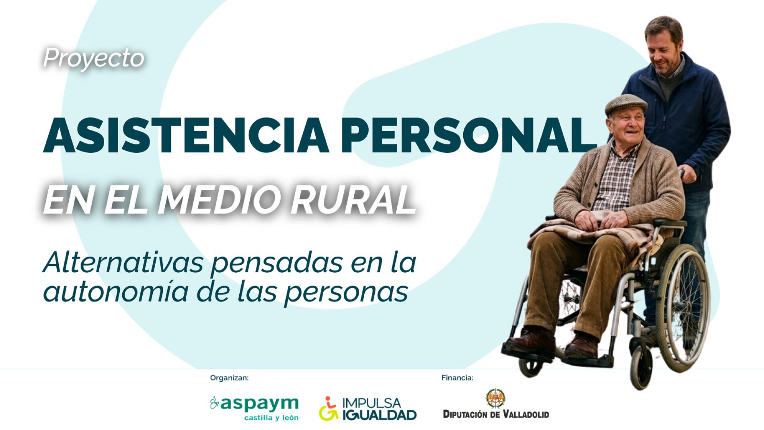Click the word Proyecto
point(94,58)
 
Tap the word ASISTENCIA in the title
point(186,136)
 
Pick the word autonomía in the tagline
point(116,292)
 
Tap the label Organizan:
point(229,378)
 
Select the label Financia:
point(457,378)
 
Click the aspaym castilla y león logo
point(254,408)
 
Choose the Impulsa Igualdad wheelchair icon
point(329,408)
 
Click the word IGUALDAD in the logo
point(380,415)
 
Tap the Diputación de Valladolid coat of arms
point(496,398)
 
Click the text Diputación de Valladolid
point(496,414)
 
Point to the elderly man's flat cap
point(626,104)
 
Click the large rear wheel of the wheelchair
point(683,308)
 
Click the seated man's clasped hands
point(601,220)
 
